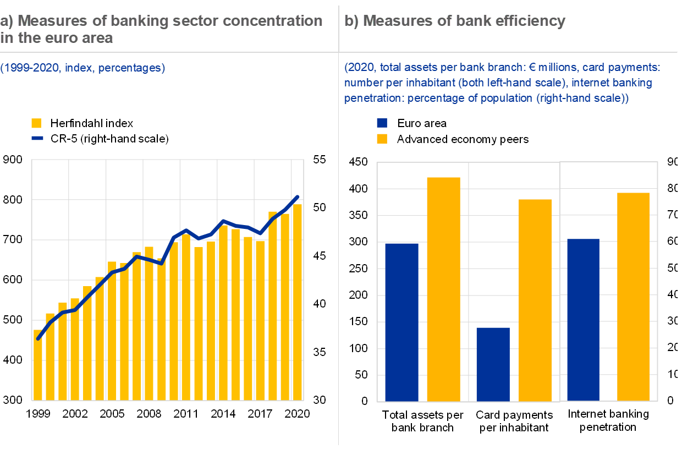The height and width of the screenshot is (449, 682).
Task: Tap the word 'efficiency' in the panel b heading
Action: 531,21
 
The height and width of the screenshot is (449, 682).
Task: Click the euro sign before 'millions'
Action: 532,68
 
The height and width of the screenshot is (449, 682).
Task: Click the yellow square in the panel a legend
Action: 36,123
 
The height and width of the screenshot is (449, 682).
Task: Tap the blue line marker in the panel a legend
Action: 37,138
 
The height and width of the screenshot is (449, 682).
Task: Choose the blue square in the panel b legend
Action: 382,123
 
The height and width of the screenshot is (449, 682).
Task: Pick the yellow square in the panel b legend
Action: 382,138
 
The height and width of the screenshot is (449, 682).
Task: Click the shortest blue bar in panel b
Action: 493,364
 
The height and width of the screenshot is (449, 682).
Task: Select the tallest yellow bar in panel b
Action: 443,289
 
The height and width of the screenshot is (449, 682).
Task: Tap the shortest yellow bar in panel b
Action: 535,300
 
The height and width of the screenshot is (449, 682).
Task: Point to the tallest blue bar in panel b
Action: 583,320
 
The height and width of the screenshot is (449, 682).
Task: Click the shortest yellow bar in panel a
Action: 38,364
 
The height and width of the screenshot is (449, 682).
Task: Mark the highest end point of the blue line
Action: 298,196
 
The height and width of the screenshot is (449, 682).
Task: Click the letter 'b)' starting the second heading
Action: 351,21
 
